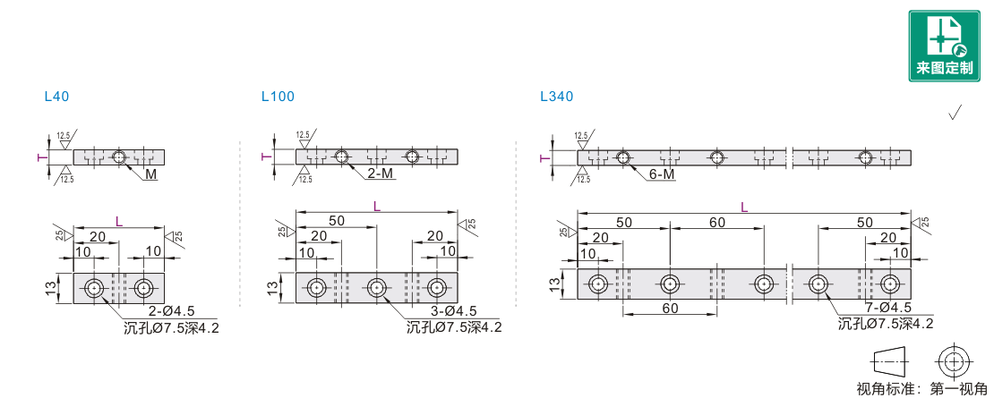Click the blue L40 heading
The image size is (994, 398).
click(x=56, y=97)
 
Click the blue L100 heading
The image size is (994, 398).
click(x=278, y=97)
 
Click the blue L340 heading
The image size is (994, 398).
click(x=557, y=97)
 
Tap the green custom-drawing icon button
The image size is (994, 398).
click(x=944, y=46)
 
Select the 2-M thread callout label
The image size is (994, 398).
click(x=381, y=174)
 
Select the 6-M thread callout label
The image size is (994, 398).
click(x=662, y=174)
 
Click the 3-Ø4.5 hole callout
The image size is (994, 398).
click(x=453, y=311)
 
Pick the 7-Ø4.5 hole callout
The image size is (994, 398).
click(x=887, y=309)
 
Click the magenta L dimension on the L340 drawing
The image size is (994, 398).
click(x=744, y=207)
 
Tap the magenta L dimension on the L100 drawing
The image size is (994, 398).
click(x=376, y=206)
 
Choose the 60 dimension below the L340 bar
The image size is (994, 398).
click(x=670, y=309)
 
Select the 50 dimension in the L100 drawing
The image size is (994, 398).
click(x=337, y=220)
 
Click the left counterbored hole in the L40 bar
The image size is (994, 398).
click(x=94, y=288)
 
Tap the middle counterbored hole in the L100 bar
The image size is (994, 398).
click(x=376, y=288)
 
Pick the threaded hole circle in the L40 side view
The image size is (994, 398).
click(x=118, y=157)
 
